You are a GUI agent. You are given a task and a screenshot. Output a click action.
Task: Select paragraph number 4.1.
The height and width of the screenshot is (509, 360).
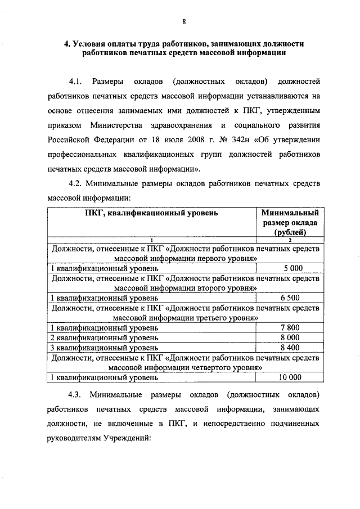click(76, 76)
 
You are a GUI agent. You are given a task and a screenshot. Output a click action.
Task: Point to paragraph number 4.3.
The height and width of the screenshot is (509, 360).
click(76, 392)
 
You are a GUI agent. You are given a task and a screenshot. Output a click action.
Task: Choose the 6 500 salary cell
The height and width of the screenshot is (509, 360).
click(293, 298)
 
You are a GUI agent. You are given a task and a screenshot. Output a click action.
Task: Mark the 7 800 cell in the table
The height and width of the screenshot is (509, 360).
click(293, 327)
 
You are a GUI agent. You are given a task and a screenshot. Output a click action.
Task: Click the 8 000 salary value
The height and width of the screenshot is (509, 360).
click(293, 337)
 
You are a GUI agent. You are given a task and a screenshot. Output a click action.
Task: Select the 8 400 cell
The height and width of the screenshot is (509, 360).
click(293, 348)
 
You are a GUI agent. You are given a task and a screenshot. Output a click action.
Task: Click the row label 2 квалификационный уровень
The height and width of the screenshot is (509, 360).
click(104, 337)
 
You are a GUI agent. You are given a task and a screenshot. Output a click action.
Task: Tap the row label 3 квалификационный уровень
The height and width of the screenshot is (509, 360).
click(104, 348)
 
